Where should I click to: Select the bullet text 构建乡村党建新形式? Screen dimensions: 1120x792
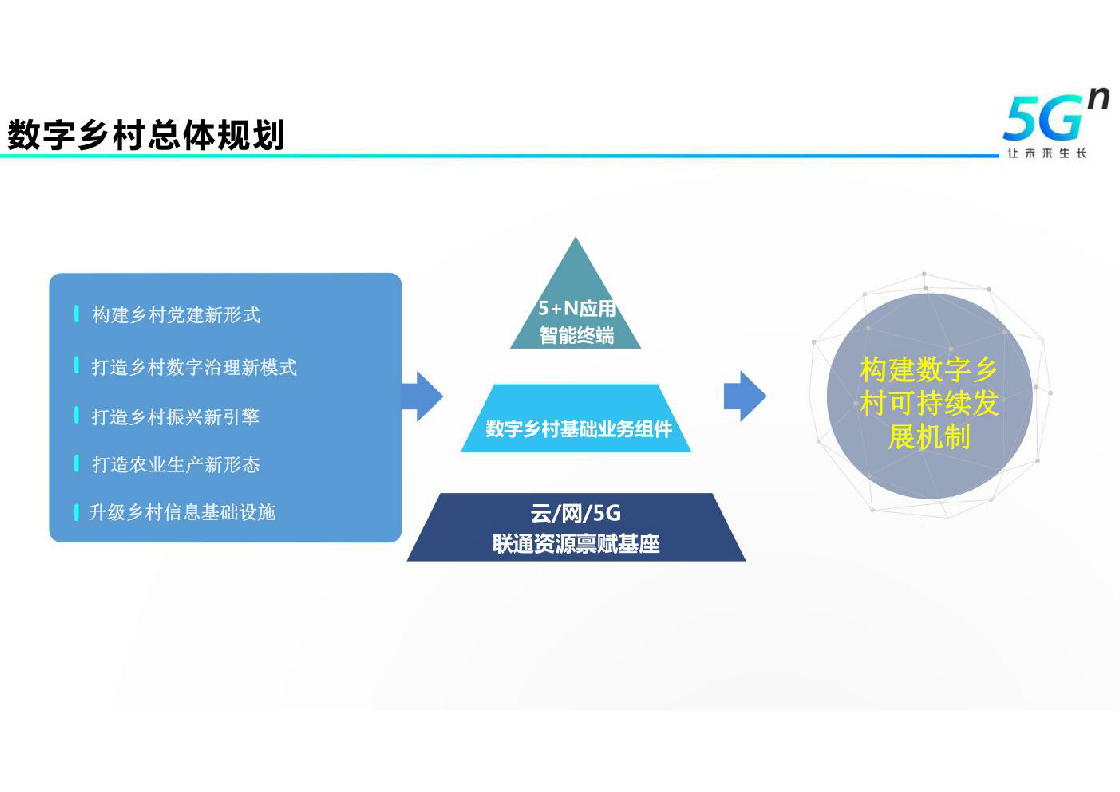click(x=176, y=315)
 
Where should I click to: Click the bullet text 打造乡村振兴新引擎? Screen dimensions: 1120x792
click(x=176, y=417)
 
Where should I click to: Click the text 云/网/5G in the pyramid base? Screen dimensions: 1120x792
click(x=576, y=514)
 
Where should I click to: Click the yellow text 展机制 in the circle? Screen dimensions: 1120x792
click(x=929, y=436)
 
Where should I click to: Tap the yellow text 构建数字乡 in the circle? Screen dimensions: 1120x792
click(x=929, y=370)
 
